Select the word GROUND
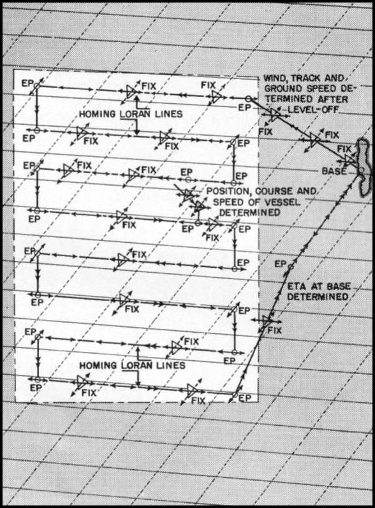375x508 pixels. (283, 89)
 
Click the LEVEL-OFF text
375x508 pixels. (312, 110)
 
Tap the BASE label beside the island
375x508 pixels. (334, 171)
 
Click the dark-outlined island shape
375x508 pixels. (364, 167)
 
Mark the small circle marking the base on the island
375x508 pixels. (361, 170)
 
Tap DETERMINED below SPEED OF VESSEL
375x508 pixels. (249, 212)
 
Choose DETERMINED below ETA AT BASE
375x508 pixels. (318, 296)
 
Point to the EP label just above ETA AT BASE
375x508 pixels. (280, 264)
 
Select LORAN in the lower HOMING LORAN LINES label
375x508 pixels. (137, 365)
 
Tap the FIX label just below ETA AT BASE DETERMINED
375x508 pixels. (274, 330)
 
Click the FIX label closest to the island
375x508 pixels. (344, 149)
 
